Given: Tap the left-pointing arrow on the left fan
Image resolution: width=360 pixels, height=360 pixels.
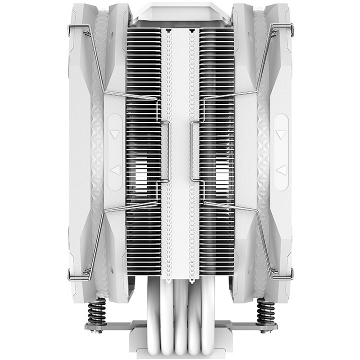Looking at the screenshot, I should coord(115,170).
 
